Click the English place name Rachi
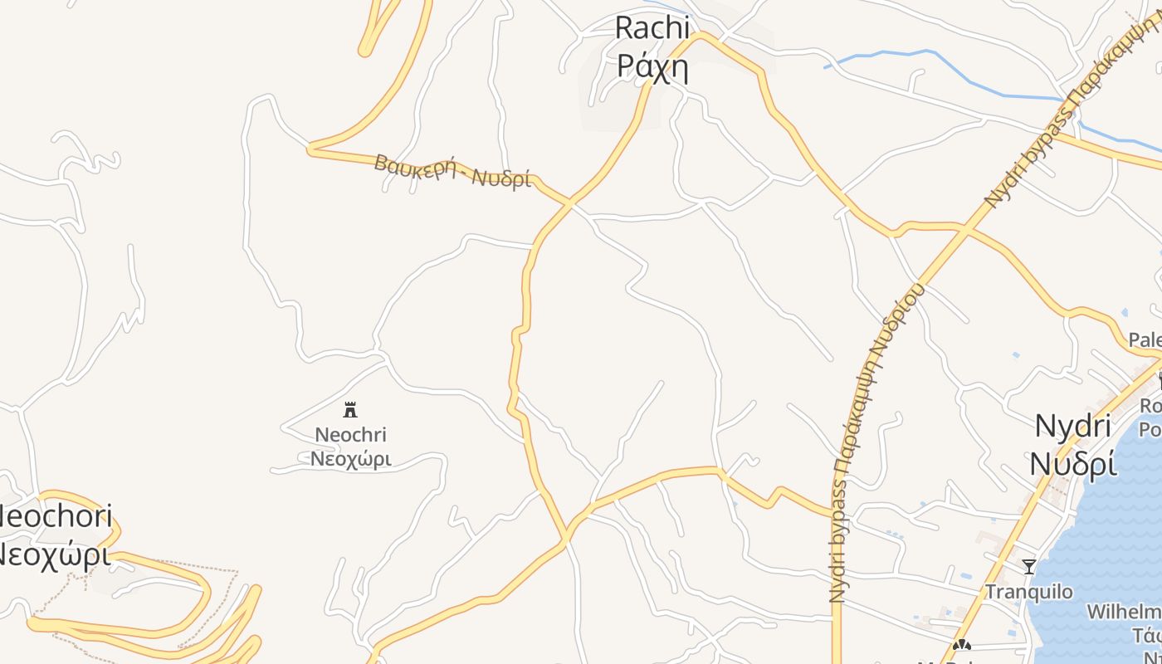point(652,27)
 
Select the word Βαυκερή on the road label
point(415,165)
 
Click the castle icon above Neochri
point(350,409)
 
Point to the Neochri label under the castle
point(350,434)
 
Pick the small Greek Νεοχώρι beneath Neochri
point(350,458)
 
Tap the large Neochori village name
point(55,517)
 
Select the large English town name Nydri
point(1072,426)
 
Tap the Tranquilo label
point(1028,592)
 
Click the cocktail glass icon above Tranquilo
point(1029,566)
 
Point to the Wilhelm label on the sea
point(1125,613)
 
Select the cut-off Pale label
point(1145,339)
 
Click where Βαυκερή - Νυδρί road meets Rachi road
point(570,202)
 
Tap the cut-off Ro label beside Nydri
point(1150,406)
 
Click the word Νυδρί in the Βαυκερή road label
point(501,177)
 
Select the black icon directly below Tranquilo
point(962,645)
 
